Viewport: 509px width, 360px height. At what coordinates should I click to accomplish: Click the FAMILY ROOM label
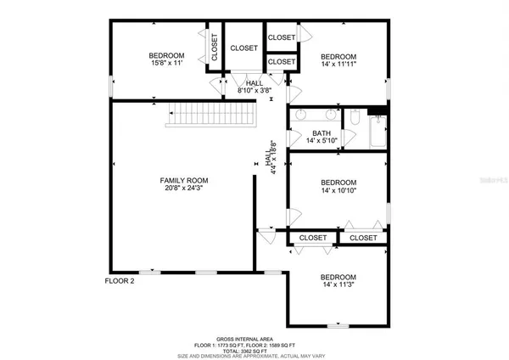[184, 181]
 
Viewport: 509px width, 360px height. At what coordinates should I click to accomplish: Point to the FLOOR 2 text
[120, 281]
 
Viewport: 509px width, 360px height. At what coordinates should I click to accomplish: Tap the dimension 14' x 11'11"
[338, 63]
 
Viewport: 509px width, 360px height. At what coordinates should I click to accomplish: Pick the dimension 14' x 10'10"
[338, 192]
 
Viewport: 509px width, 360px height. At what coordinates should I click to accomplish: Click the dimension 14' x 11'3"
[338, 286]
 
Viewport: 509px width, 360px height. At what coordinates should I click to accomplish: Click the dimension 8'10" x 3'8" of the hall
[254, 90]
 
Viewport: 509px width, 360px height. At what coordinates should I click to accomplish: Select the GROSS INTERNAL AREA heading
[254, 336]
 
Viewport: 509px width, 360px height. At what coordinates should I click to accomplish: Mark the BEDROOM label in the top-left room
[167, 54]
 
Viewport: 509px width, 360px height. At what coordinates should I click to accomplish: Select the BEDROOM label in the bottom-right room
[338, 278]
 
